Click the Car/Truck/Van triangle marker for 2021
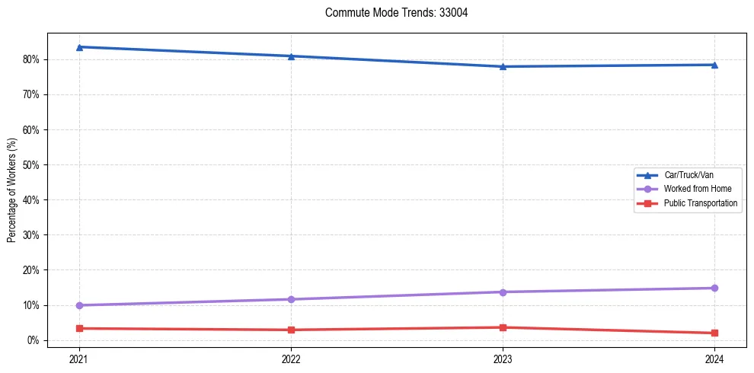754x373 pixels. point(79,47)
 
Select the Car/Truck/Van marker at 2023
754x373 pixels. point(503,66)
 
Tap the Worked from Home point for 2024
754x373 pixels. point(714,288)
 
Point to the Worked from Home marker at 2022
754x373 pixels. point(291,299)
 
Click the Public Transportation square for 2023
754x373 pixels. point(503,327)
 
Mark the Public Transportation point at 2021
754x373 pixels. point(79,328)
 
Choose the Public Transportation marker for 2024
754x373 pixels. point(714,333)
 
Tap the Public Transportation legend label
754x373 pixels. point(700,203)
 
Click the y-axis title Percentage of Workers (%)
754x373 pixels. point(12,190)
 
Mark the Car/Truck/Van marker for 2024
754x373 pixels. point(714,65)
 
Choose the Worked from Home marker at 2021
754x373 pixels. point(79,305)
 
